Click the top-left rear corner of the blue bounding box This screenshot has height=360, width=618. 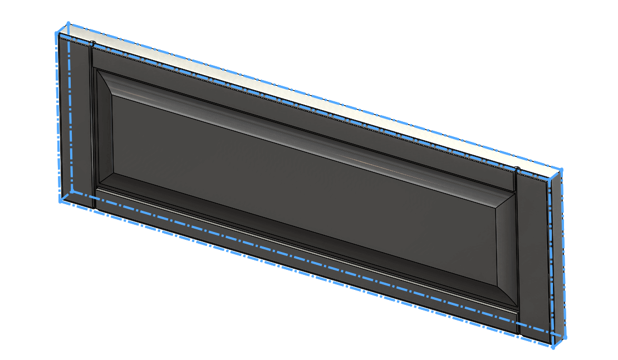coord(68,24)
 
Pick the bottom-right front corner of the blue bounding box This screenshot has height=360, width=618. coord(553,348)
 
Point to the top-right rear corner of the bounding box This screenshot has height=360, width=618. coord(561,170)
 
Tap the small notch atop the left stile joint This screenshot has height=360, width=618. coord(93,43)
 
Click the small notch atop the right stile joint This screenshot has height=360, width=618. coord(517,169)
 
